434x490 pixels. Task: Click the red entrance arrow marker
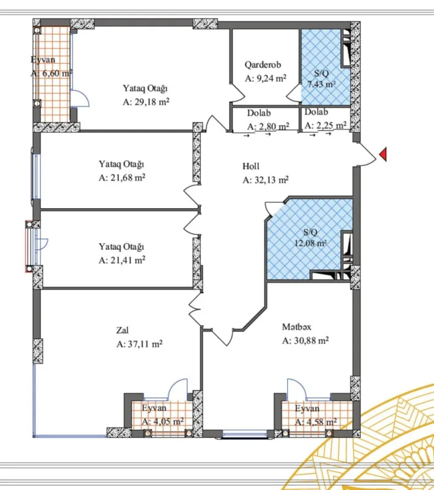(x=384, y=155)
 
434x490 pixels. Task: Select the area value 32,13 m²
(x=265, y=180)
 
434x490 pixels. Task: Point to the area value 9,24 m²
(x=266, y=78)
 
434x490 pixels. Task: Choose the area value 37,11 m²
(x=139, y=344)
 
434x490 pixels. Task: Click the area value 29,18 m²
(x=146, y=102)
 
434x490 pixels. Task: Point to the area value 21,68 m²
(x=122, y=178)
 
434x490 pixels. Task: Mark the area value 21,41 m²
(x=122, y=260)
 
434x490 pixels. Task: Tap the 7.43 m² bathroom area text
(x=321, y=84)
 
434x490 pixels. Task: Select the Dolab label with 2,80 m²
(x=259, y=113)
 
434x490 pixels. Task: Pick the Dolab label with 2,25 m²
(x=316, y=113)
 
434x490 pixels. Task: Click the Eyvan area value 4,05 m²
(x=162, y=421)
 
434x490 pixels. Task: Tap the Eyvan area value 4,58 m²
(x=315, y=421)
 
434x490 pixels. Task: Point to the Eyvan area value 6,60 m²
(x=51, y=72)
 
